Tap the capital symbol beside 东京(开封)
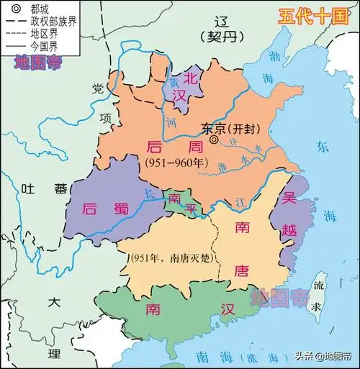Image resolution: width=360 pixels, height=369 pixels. coord(215,140)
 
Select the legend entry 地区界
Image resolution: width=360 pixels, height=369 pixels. coord(40,34)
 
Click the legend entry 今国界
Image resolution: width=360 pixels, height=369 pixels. coord(40,46)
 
